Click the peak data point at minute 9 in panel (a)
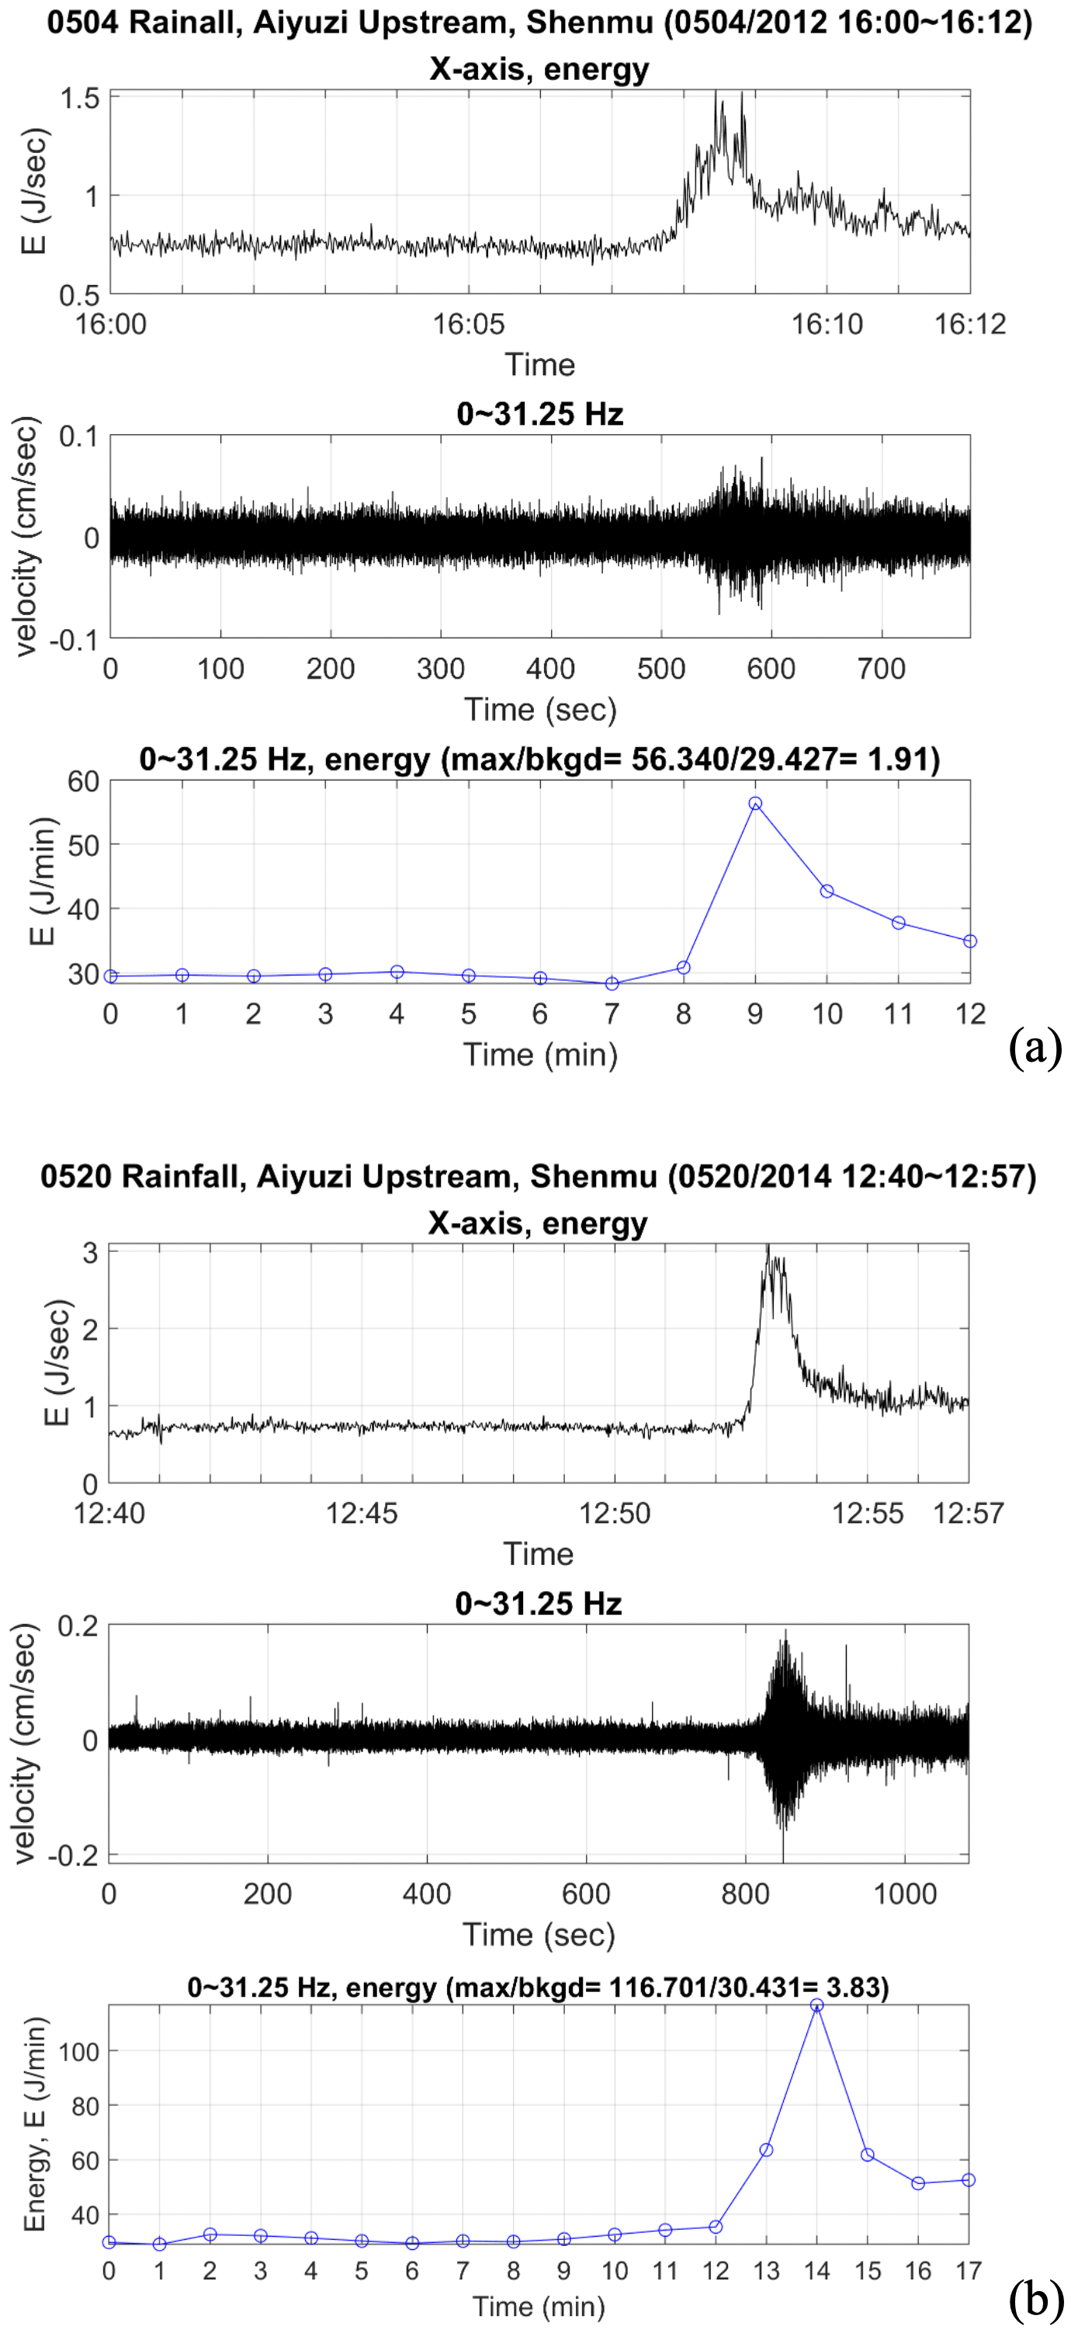point(755,803)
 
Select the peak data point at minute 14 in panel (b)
point(817,2004)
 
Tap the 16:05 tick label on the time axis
point(469,325)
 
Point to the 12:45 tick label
point(362,1514)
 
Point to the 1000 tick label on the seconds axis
point(904,1894)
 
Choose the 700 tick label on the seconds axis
point(882,669)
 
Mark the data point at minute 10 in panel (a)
point(827,891)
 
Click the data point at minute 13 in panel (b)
point(766,2151)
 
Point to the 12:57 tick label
point(969,1514)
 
